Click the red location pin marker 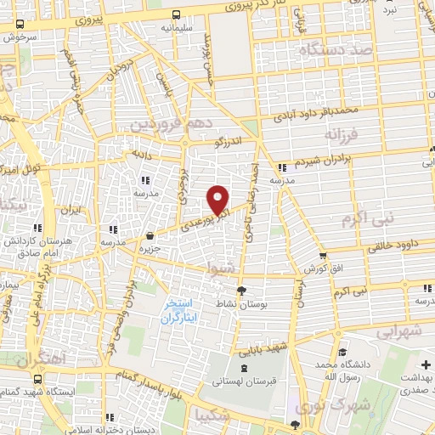[x=218, y=199]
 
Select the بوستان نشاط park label [x=240, y=304]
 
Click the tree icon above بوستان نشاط [x=240, y=291]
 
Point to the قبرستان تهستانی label [x=244, y=381]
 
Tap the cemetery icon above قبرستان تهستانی [x=244, y=368]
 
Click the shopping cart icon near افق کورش [x=323, y=255]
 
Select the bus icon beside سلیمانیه [x=176, y=14]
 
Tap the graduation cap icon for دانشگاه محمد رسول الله [x=341, y=352]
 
